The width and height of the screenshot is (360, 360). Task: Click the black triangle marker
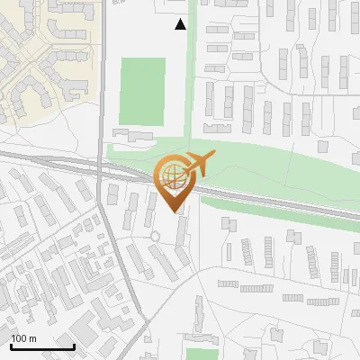(x=181, y=24)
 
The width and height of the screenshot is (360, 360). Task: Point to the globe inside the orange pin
(x=172, y=177)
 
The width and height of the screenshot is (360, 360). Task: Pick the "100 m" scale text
(x=23, y=338)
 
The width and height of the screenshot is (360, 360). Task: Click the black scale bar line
(x=42, y=347)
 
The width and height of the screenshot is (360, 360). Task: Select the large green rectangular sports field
(x=143, y=90)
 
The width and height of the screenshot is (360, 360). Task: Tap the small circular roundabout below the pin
(x=155, y=236)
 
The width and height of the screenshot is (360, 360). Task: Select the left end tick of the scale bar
(x=11, y=346)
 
